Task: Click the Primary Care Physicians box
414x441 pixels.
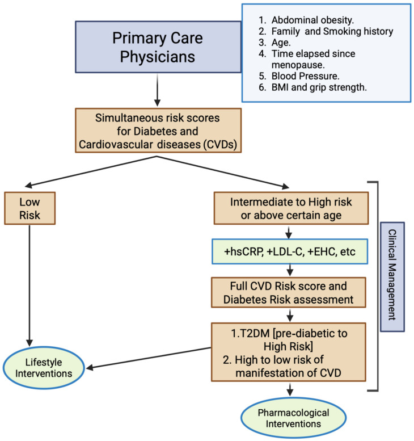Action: click(x=158, y=47)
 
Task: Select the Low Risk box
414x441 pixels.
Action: click(x=30, y=208)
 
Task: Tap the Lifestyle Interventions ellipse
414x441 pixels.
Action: click(x=44, y=368)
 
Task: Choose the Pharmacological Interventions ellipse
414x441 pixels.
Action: click(x=293, y=418)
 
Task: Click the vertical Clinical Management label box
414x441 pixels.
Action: click(x=392, y=277)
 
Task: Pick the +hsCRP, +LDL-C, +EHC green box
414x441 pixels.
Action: click(x=290, y=251)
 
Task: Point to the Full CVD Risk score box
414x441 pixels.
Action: click(x=289, y=292)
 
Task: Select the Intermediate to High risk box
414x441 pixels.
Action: click(x=291, y=208)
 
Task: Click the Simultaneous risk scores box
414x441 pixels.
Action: click(x=158, y=131)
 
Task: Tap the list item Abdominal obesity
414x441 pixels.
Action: click(x=306, y=20)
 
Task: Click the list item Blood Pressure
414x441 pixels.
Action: click(x=299, y=76)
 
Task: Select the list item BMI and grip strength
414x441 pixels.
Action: click(x=313, y=87)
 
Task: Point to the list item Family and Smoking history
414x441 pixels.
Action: click(x=326, y=31)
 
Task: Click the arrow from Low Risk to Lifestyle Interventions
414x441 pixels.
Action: click(x=29, y=285)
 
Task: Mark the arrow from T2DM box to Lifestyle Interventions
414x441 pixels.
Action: click(x=149, y=358)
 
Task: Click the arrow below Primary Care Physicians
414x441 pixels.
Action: click(x=158, y=90)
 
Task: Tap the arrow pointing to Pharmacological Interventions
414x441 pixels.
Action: click(x=290, y=389)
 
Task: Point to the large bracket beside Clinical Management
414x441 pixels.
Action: click(x=378, y=286)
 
